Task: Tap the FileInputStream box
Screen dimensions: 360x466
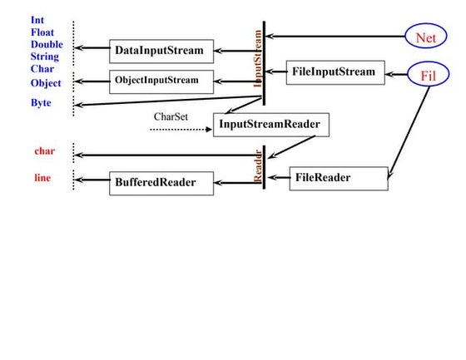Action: (334, 72)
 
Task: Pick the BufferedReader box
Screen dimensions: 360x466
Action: (161, 182)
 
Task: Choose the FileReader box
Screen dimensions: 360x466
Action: (339, 178)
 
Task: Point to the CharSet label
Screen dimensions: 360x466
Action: (171, 116)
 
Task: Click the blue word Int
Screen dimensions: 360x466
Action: (37, 19)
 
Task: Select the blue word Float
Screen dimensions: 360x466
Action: (43, 32)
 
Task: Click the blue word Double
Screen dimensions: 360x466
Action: (47, 44)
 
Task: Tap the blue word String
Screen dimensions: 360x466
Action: (45, 57)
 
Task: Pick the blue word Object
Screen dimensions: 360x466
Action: (46, 83)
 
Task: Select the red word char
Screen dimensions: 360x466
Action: (44, 151)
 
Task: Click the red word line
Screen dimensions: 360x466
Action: (42, 177)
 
